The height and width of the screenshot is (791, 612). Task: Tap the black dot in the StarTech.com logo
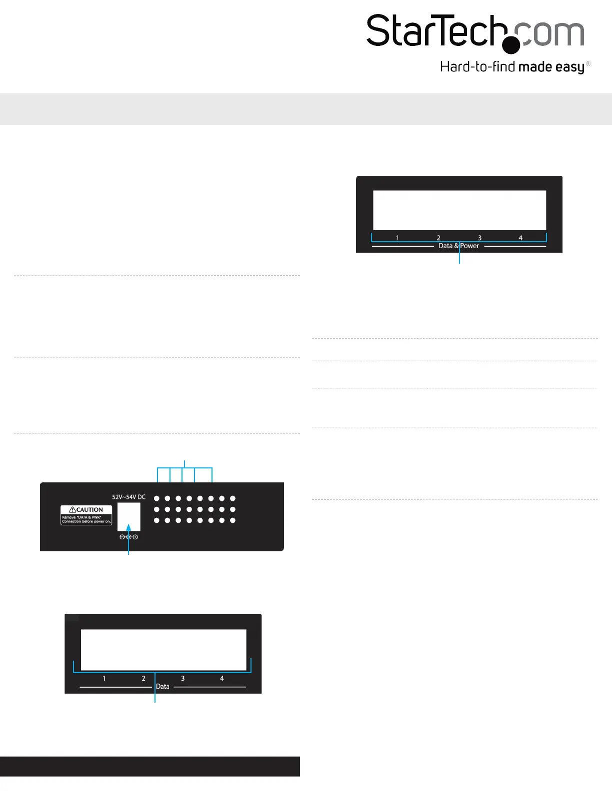click(511, 45)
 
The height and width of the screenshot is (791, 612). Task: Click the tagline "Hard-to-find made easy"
click(512, 67)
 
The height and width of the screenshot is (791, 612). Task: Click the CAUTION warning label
click(86, 515)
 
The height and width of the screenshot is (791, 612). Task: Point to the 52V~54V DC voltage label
click(128, 497)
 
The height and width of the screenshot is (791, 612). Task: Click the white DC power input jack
click(128, 517)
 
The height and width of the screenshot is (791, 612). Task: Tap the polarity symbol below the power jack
click(128, 537)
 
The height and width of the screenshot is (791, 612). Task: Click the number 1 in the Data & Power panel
click(397, 238)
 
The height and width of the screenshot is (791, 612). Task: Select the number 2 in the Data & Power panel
click(438, 238)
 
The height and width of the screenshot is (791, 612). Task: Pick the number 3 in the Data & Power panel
click(479, 238)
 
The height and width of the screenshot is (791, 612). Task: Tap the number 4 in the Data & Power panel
click(520, 238)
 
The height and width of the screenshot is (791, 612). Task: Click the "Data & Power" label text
click(458, 246)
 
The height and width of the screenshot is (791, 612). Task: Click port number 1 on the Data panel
click(104, 679)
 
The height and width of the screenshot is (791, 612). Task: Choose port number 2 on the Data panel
click(143, 679)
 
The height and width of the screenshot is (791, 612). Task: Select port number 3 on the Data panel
click(183, 679)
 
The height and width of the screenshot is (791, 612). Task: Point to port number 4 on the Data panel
click(222, 679)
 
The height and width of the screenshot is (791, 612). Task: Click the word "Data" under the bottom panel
click(162, 687)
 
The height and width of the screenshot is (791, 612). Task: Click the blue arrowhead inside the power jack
click(128, 527)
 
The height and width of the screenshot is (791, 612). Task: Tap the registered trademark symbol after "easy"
click(588, 64)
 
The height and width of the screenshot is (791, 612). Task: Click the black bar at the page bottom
click(150, 766)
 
